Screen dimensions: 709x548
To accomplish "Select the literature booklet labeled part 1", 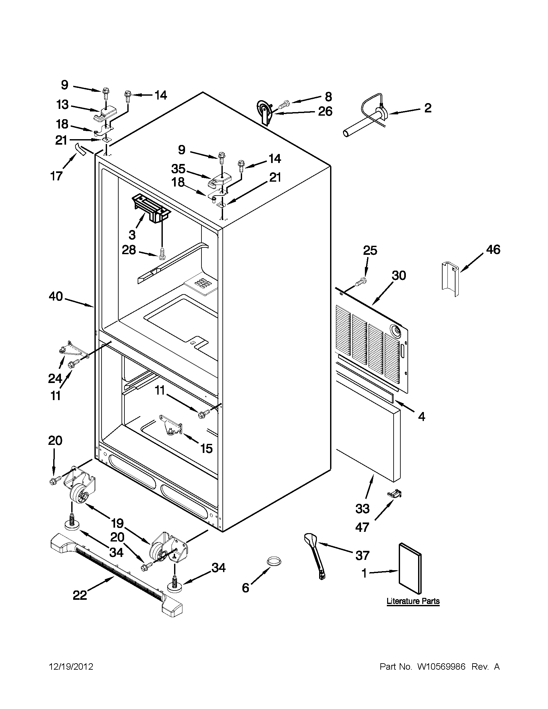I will [x=410, y=569].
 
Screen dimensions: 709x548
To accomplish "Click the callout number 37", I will [x=362, y=555].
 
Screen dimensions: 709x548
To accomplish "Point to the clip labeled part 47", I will [x=394, y=494].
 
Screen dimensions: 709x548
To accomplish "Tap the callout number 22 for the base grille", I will [x=80, y=595].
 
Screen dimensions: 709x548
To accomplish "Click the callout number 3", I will [x=132, y=234].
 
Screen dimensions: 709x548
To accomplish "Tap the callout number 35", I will [x=178, y=169].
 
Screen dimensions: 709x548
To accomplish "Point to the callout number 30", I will [x=398, y=275].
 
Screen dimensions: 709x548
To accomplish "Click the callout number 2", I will [x=427, y=108].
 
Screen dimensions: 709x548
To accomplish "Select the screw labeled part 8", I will [x=284, y=104].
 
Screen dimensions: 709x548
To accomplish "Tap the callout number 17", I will [x=56, y=176].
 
